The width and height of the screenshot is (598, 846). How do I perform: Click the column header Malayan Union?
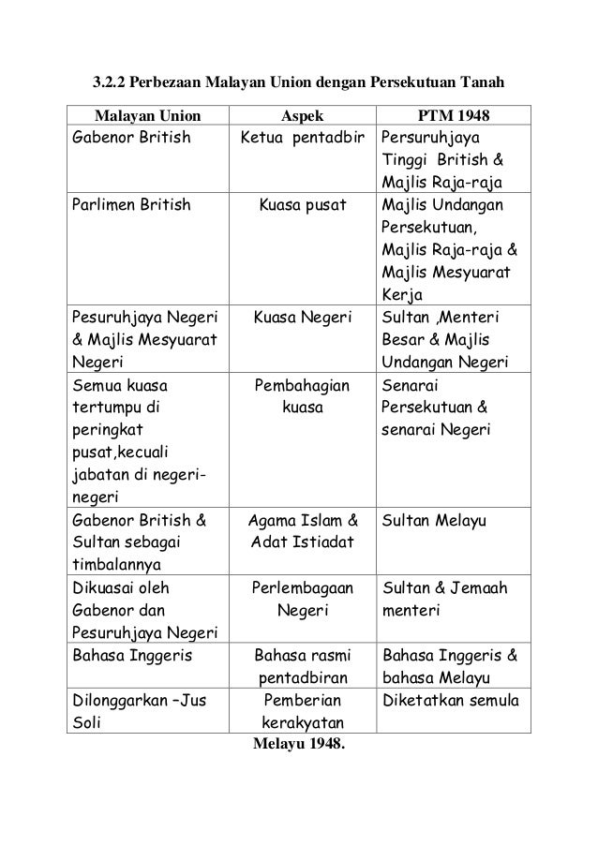145,116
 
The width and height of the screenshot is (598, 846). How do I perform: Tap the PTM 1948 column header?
452,116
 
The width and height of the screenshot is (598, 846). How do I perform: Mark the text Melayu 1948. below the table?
298,745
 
